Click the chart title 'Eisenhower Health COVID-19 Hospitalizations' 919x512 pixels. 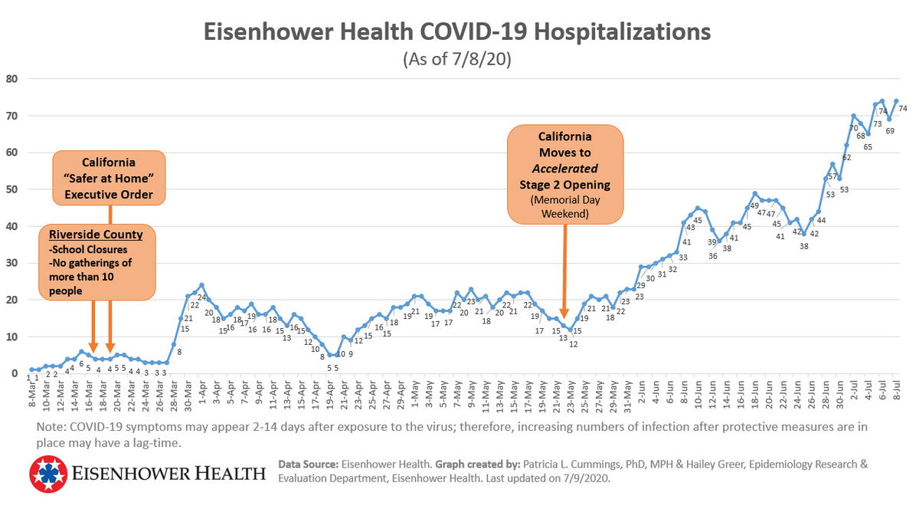tap(456, 32)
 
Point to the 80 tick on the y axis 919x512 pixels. tap(12, 78)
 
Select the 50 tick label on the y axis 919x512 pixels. tap(12, 189)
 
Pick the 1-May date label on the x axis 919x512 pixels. tap(414, 392)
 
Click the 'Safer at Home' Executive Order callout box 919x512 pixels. tap(109, 179)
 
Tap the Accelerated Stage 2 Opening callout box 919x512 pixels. tap(566, 176)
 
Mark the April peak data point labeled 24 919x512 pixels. tap(202, 297)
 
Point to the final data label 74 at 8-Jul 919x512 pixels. tap(903, 109)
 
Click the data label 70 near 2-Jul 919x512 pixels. tap(853, 128)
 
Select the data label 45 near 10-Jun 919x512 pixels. tap(698, 220)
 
